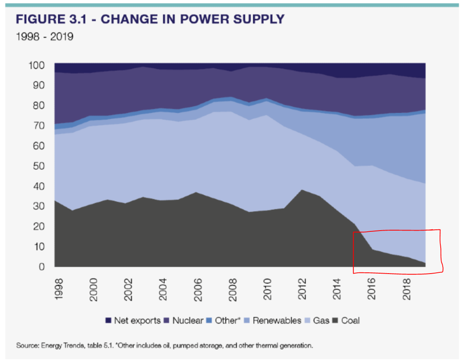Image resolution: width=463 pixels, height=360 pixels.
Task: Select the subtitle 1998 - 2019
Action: (x=45, y=37)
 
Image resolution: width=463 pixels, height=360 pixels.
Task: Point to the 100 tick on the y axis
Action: (x=36, y=65)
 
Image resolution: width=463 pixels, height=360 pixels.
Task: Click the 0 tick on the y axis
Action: (x=41, y=267)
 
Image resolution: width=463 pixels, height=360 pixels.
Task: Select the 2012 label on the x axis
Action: (x=303, y=287)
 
